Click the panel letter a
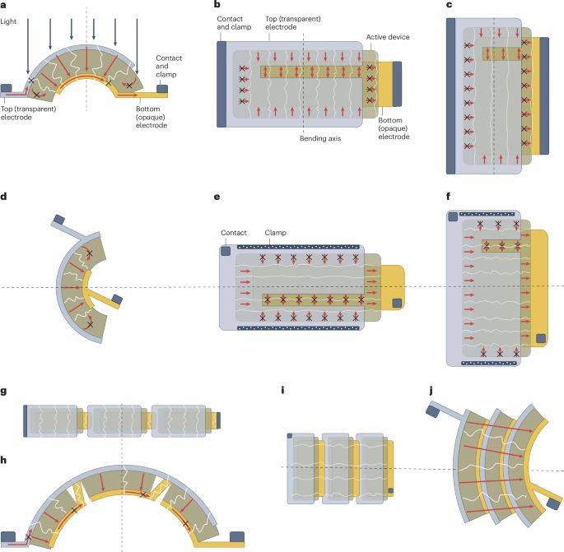[3, 5]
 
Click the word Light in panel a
[8, 21]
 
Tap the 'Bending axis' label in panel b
[320, 138]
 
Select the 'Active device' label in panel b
[388, 37]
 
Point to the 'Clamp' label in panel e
[275, 233]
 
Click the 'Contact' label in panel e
[234, 233]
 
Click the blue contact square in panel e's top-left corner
[226, 251]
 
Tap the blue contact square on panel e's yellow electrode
[397, 303]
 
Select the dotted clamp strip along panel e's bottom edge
[299, 327]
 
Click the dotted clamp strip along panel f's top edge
[487, 214]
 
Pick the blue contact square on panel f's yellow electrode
[541, 339]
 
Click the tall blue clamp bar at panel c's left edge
[450, 96]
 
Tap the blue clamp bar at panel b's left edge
[221, 85]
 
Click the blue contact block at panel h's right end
[237, 537]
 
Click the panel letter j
[431, 391]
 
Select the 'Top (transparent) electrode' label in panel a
[29, 113]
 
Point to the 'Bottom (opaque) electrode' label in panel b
[394, 128]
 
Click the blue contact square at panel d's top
[59, 219]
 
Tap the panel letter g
[3, 392]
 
